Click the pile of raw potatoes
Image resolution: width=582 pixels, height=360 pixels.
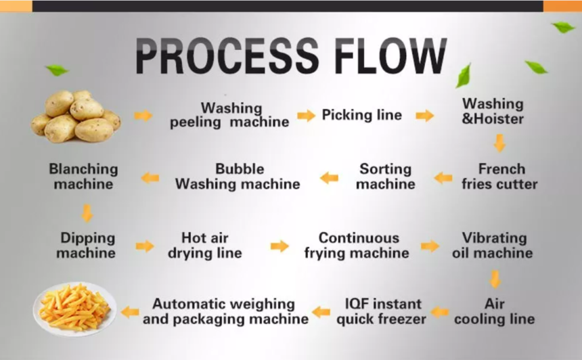[x=76, y=116]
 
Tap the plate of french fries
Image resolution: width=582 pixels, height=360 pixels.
[x=75, y=309]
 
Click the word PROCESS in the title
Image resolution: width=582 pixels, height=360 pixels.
[x=227, y=55]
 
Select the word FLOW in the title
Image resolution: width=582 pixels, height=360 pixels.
[x=390, y=55]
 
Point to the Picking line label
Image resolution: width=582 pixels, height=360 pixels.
[x=362, y=115]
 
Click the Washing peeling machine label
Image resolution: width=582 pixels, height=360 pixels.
[x=229, y=115]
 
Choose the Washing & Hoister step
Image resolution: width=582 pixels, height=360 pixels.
[x=493, y=112]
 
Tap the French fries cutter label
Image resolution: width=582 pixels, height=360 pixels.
[x=499, y=177]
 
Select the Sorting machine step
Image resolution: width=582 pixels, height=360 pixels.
[x=386, y=177]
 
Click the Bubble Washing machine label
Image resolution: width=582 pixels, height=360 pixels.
[x=238, y=177]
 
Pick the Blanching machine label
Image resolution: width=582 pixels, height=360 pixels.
[x=83, y=177]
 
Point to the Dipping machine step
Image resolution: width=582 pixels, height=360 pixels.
[x=86, y=246]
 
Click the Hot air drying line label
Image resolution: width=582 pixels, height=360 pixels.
[x=205, y=246]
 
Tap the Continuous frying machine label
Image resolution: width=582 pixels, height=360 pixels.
[x=357, y=246]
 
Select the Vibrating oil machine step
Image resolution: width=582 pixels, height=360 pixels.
[x=493, y=246]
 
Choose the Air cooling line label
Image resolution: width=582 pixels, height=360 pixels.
[x=495, y=311]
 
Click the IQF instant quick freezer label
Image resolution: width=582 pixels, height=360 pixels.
[x=382, y=311]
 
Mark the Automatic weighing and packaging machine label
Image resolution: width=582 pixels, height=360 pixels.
[x=225, y=311]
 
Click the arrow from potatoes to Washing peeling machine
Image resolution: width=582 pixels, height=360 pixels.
[x=143, y=116]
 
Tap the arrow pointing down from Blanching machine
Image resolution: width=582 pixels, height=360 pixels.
[x=87, y=213]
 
